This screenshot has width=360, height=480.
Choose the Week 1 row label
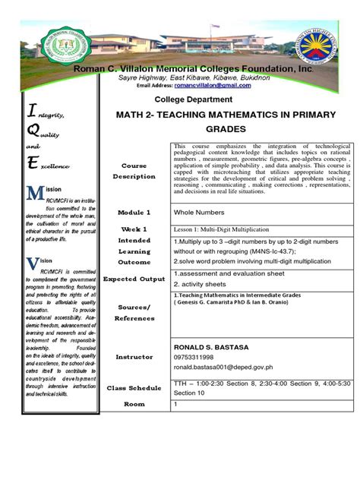tap(134, 229)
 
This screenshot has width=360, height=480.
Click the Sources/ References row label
tap(134, 312)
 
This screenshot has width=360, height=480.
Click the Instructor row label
tap(134, 356)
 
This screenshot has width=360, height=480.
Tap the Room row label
tap(134, 404)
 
